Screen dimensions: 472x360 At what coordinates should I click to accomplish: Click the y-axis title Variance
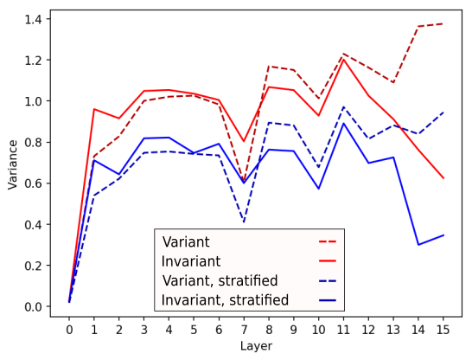13,164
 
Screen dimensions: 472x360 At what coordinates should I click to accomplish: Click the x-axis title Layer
256,346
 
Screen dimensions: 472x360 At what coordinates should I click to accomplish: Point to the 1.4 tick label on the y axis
34,19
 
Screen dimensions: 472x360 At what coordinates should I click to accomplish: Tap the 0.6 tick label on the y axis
34,183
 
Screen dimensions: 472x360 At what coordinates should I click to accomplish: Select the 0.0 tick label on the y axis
34,306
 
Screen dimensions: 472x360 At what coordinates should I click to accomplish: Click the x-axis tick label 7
244,330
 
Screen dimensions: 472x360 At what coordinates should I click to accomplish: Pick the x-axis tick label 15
443,330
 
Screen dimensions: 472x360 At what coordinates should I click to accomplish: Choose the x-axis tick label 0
69,330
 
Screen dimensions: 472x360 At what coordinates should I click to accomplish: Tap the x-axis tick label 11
343,330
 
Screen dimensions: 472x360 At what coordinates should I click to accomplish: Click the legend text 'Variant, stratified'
220,280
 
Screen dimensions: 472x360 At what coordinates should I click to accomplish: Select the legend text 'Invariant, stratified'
225,300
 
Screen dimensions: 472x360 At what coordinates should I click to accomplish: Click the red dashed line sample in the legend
328,241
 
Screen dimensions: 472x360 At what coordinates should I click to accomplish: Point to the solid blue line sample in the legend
328,300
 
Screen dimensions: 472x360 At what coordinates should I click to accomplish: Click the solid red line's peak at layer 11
343,60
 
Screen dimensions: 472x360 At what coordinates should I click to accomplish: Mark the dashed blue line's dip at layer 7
244,222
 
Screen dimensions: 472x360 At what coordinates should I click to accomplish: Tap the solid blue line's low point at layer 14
418,245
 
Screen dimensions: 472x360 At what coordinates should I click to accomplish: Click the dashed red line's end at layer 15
443,23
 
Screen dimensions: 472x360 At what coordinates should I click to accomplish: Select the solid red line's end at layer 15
443,178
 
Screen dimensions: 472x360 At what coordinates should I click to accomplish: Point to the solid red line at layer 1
94,109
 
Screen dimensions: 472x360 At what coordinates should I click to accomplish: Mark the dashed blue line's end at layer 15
443,112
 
